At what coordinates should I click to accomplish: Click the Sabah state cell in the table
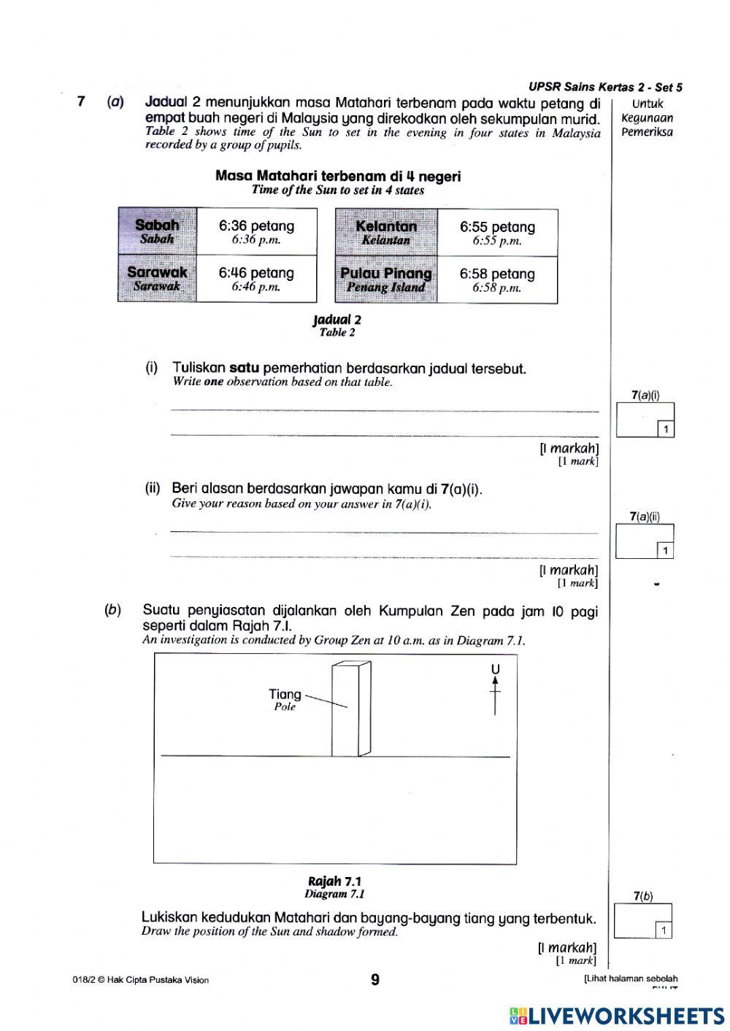click(x=158, y=231)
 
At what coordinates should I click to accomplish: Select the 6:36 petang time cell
click(x=257, y=231)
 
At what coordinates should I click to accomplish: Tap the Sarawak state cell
click(x=158, y=278)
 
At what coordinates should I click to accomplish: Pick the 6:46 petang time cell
click(x=257, y=278)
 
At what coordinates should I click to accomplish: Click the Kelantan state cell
click(x=386, y=232)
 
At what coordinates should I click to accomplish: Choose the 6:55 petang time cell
click(x=497, y=233)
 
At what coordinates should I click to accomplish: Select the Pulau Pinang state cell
click(x=386, y=279)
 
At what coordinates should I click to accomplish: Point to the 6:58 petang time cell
click(x=497, y=279)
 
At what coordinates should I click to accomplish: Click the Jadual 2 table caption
click(x=337, y=325)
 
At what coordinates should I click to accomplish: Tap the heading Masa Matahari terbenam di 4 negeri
click(x=338, y=177)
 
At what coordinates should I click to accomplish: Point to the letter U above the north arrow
click(x=495, y=669)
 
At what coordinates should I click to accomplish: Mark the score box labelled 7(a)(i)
click(x=645, y=420)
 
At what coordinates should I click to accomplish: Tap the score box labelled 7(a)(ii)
click(x=645, y=541)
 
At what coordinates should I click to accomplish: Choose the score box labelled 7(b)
click(x=642, y=921)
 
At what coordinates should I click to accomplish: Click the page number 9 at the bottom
click(x=375, y=980)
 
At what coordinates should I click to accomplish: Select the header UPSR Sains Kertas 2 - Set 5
click(x=605, y=88)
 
